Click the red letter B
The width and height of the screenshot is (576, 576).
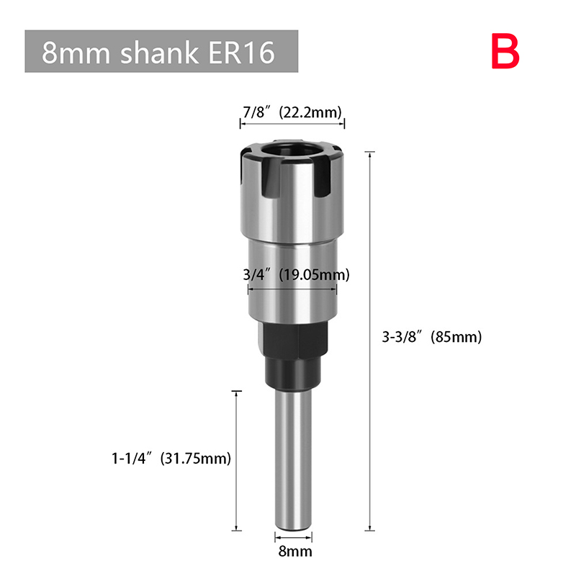pos(505,51)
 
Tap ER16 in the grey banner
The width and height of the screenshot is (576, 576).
pos(242,52)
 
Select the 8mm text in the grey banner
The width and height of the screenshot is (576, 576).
pos(76,53)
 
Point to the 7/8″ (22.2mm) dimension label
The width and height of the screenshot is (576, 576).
pos(292,112)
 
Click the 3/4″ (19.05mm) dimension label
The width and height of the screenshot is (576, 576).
pos(296,274)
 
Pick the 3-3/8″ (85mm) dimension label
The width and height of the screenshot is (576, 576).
pos(431,337)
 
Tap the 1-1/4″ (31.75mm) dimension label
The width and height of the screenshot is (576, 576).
pos(171,458)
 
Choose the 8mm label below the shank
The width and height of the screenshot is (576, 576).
pos(295,552)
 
